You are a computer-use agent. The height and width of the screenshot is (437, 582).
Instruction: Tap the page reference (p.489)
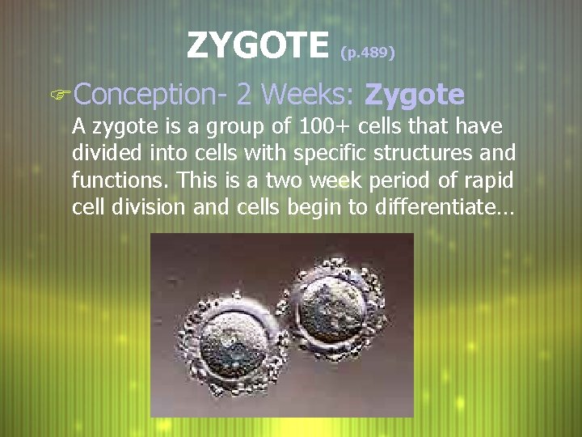pyautogui.click(x=367, y=53)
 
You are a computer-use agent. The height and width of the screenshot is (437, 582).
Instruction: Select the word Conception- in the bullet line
pyautogui.click(x=151, y=95)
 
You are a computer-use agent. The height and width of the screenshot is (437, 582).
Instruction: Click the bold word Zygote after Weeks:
pyautogui.click(x=414, y=95)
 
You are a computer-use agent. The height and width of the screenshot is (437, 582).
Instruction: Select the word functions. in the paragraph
pyautogui.click(x=111, y=180)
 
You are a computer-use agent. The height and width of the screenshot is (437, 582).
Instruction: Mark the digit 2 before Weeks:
pyautogui.click(x=243, y=95)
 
